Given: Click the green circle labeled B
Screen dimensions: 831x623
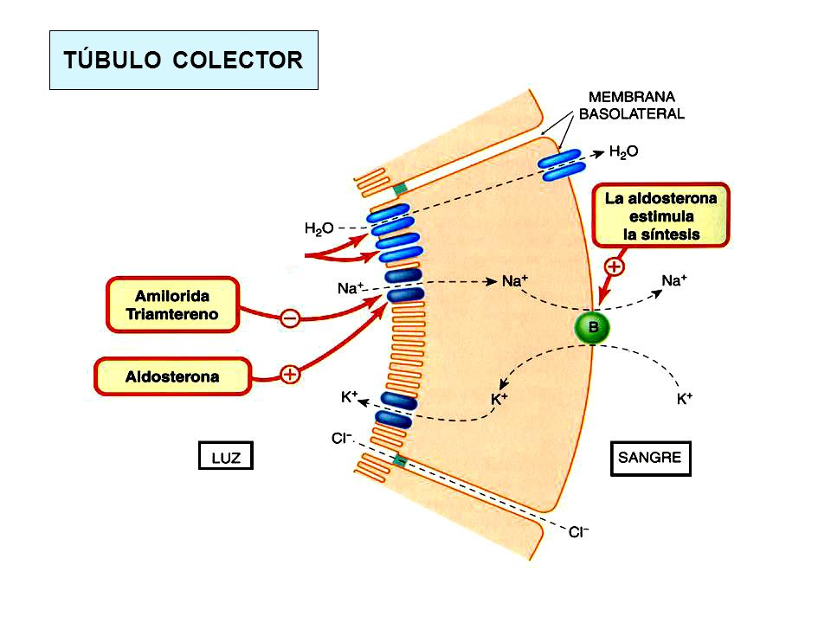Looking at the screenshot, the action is point(592,327).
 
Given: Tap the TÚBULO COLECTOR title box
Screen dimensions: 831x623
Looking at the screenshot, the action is point(184,60).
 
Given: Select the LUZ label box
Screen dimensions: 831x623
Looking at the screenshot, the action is point(226,456).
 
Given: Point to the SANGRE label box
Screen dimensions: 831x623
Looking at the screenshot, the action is point(650,459).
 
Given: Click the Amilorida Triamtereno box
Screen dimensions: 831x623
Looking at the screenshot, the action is point(173,305).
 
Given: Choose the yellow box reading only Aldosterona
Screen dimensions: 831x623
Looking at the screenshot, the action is point(172,376).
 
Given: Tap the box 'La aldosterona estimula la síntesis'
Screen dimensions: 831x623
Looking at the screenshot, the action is point(660,215).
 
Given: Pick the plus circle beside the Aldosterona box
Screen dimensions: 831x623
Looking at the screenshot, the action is point(290,375).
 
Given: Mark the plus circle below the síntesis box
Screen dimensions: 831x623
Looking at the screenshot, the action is point(615,266).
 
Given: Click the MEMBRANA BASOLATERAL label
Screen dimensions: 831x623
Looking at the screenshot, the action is point(631,105).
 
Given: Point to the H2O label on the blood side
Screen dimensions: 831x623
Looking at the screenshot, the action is point(623,152).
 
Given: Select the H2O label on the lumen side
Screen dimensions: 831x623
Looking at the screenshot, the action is point(319,228).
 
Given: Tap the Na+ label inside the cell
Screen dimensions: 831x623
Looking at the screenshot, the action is point(514,280).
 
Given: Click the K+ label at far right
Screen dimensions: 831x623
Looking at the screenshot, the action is point(684,398).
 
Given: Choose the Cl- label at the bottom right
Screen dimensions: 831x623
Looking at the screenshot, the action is point(579,532).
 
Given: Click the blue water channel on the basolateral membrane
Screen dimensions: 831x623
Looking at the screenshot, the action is point(561,164).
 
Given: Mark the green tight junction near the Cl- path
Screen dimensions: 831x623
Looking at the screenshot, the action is point(400,461).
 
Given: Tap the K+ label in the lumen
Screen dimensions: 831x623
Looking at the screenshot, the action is point(349,397).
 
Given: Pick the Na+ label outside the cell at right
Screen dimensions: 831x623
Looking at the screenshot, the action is point(674,280).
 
